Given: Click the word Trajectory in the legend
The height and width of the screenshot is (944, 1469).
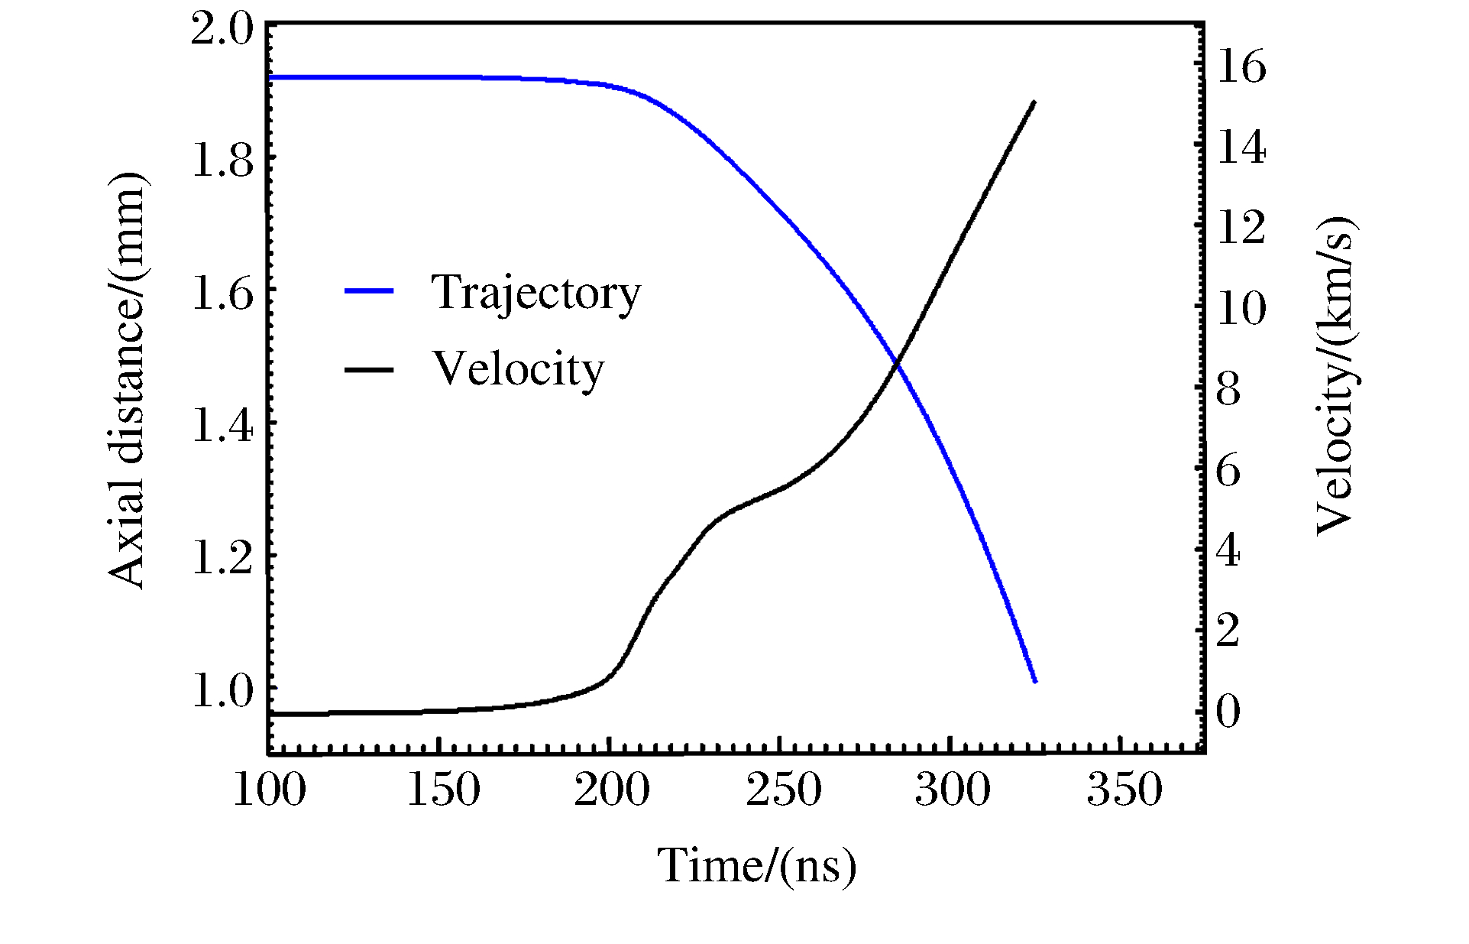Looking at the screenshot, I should pos(536,293).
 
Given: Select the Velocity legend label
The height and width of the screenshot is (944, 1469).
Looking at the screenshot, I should pos(518,369).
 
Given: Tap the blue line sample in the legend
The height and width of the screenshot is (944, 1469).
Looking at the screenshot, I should pos(369,291).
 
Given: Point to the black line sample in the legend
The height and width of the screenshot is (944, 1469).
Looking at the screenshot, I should pos(369,370).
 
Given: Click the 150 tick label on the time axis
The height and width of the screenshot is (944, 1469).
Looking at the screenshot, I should pos(443,790).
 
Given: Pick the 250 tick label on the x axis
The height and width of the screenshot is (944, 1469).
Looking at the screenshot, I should pos(784,790).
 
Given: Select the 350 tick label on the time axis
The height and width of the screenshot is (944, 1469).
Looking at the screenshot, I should pos(1124,790).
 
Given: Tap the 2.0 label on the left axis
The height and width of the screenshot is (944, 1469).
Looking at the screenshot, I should pos(222,31).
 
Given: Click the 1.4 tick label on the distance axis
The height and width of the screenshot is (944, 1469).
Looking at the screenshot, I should pos(222,426).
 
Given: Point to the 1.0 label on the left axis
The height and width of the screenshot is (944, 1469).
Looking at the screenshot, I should pos(222,691).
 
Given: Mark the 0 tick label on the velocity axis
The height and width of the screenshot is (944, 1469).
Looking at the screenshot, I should pos(1228,712).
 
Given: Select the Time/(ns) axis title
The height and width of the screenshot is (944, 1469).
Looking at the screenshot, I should pos(756,867).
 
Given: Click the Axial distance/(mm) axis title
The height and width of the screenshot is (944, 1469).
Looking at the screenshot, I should pos(126,380).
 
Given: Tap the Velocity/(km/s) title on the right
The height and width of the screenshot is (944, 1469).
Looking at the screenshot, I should pos(1335,376).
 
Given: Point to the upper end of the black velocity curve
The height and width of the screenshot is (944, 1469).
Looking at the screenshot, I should pos(1034,102).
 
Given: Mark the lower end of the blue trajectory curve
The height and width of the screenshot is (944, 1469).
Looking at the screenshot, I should pos(1035,681).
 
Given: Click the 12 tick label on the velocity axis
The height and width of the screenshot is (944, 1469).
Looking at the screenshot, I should pos(1241,228).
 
